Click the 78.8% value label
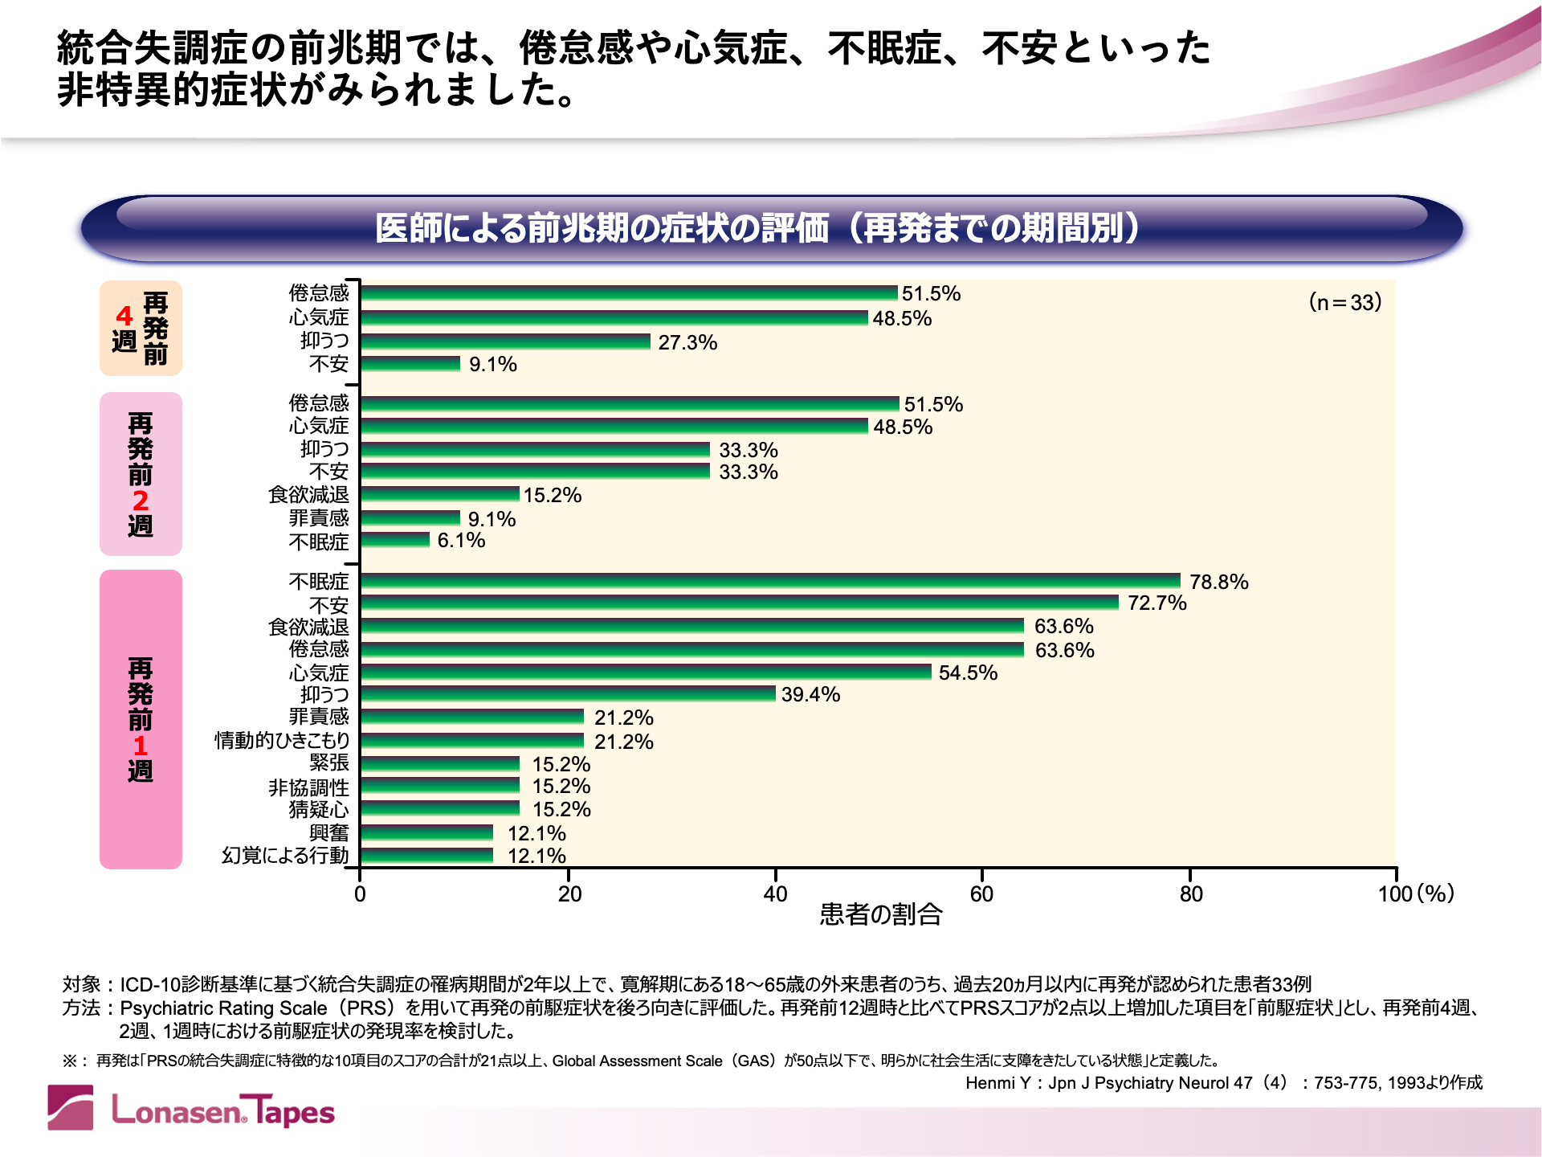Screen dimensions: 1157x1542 [1218, 582]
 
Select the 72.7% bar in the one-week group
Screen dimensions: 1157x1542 [739, 603]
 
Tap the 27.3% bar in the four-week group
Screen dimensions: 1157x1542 [505, 341]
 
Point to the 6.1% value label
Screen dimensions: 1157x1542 [461, 540]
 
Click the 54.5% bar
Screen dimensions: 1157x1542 [646, 672]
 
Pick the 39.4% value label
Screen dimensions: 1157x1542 [810, 694]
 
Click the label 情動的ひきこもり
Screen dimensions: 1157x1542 [282, 740]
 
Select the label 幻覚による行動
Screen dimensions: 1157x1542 [285, 856]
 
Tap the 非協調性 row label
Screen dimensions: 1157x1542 [308, 787]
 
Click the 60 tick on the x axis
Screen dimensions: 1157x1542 [981, 893]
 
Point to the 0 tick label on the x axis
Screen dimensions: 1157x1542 [360, 893]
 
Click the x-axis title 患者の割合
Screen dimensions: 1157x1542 [880, 914]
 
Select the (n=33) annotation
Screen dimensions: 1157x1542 [1345, 302]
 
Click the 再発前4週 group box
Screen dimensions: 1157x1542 [141, 328]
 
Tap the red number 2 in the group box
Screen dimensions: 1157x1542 [141, 501]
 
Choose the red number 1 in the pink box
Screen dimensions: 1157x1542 [141, 746]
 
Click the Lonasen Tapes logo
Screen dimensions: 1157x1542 [191, 1109]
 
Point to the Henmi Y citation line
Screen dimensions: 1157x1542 [1223, 1083]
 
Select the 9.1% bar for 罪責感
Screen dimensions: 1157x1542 [410, 518]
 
